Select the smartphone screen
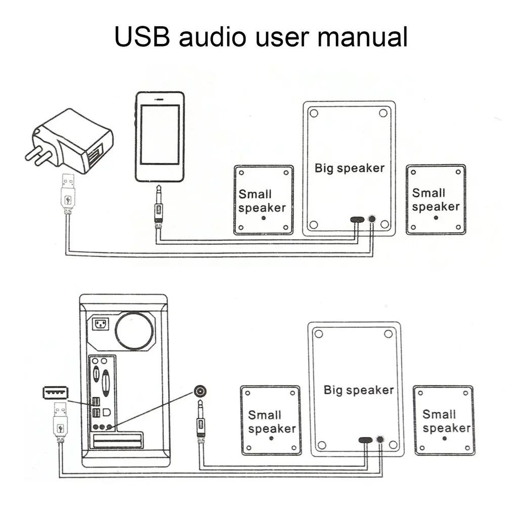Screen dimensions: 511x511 click(159, 134)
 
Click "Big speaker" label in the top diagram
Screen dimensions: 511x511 click(349, 168)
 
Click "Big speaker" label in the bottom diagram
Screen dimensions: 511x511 click(358, 390)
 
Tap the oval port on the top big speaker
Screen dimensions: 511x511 click(357, 220)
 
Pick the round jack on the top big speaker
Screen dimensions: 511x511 click(373, 219)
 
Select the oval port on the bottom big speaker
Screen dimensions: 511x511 click(365, 439)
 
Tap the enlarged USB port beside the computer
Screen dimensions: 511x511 click(55, 392)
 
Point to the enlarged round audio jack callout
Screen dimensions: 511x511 click(201, 391)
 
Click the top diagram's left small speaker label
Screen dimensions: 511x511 click(262, 200)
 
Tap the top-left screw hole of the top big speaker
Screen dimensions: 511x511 click(313, 113)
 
